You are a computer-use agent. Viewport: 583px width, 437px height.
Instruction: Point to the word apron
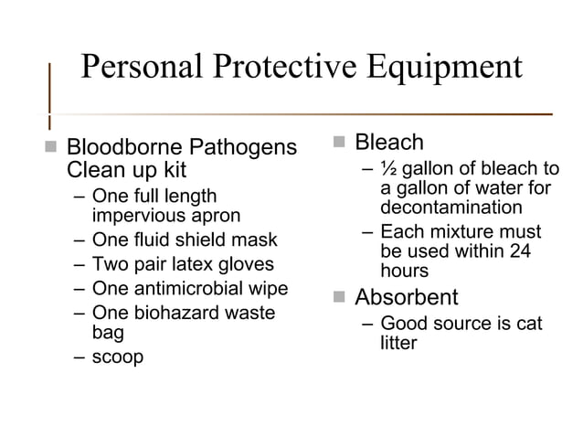(215, 217)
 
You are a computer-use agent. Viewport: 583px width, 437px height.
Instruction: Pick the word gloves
(244, 265)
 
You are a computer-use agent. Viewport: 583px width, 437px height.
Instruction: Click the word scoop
(118, 357)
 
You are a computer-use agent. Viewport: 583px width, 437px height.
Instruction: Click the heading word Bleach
(388, 143)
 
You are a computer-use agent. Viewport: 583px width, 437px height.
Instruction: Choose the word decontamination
(451, 207)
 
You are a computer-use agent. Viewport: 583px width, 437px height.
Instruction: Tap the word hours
(405, 272)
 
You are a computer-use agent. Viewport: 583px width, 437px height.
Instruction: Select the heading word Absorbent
(406, 298)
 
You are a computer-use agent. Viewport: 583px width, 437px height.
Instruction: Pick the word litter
(399, 344)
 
